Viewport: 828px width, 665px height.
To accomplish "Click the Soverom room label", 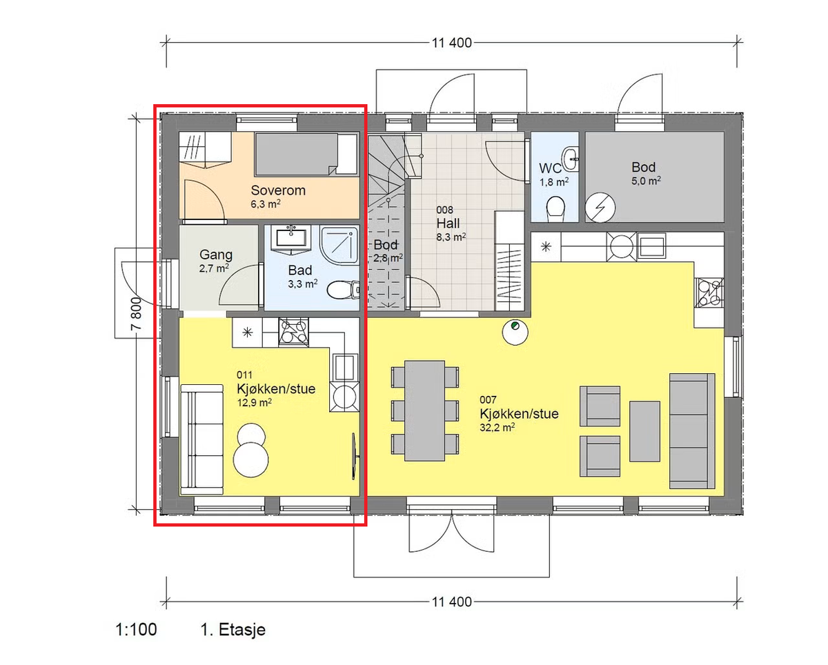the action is pyautogui.click(x=278, y=190).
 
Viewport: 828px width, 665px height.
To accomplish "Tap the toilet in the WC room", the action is pyautogui.click(x=555, y=209).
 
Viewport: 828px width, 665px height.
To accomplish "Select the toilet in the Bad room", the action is pyautogui.click(x=343, y=290).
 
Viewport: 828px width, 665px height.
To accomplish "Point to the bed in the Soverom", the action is pyautogui.click(x=306, y=155).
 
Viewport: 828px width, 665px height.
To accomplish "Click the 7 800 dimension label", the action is pyautogui.click(x=137, y=313).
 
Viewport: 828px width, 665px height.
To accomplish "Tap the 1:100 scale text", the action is pyautogui.click(x=136, y=630).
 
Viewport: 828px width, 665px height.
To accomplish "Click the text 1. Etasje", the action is pyautogui.click(x=233, y=630).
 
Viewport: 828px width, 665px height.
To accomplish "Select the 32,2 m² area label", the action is pyautogui.click(x=497, y=427).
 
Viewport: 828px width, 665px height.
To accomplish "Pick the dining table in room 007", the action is pyautogui.click(x=424, y=410).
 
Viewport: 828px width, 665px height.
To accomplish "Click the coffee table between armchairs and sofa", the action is pyautogui.click(x=644, y=431).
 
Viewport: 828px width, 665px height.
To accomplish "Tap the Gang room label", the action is pyautogui.click(x=216, y=255).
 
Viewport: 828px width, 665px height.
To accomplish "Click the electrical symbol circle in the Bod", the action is pyautogui.click(x=600, y=208).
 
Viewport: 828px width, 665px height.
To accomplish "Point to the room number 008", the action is pyautogui.click(x=444, y=210).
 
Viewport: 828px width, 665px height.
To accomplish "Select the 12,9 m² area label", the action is pyautogui.click(x=254, y=403).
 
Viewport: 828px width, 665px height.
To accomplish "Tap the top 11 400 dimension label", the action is pyautogui.click(x=451, y=43).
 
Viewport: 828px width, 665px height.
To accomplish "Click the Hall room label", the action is pyautogui.click(x=448, y=223).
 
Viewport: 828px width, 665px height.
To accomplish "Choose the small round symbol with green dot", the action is pyautogui.click(x=515, y=332).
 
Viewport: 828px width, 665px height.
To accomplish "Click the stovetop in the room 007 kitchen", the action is pyautogui.click(x=709, y=292).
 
